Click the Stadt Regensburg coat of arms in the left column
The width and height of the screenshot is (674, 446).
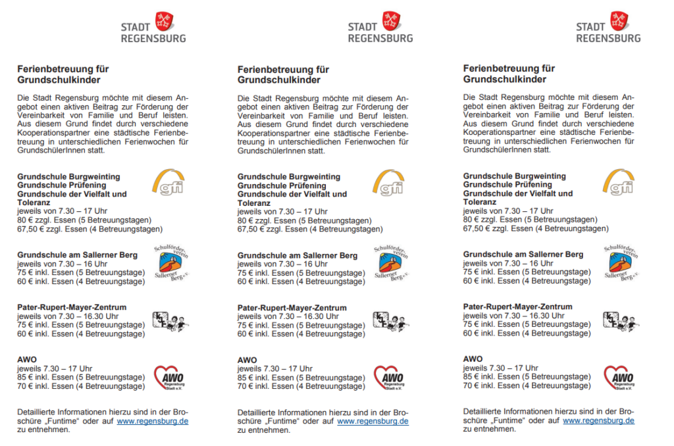pos(164,21)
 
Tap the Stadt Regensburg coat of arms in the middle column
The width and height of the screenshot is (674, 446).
pos(391,21)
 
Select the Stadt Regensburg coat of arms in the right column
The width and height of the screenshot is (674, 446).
pos(618,20)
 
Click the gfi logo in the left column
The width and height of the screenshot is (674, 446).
pos(168,184)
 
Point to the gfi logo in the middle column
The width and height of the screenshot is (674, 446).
pos(388,184)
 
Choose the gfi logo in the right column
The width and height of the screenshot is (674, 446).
pos(620,182)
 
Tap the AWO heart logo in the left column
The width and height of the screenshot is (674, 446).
pos(169,378)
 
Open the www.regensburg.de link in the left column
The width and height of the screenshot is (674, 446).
pos(153,421)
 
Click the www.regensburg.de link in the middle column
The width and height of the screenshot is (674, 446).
pos(373,421)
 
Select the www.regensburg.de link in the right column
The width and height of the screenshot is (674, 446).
pos(599,420)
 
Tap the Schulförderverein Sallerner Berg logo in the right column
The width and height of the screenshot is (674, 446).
pos(620,261)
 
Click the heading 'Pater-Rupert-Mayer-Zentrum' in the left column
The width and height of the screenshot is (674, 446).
pos(72,307)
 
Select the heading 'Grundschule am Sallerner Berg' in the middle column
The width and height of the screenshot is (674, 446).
pos(298,255)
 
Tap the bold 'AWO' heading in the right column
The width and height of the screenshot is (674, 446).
pos(472,359)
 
